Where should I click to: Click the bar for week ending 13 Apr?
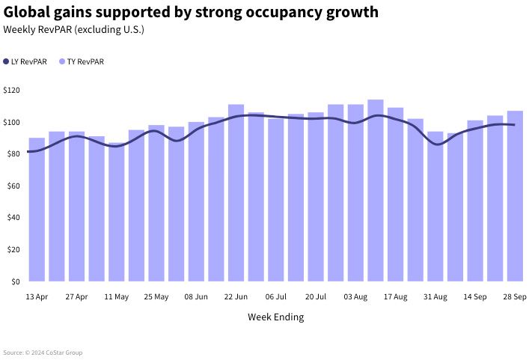[x=37, y=210]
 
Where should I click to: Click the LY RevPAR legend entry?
[x=25, y=62]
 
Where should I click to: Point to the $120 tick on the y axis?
[x=12, y=90]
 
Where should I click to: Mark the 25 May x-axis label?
[x=156, y=297]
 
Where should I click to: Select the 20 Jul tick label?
[x=316, y=297]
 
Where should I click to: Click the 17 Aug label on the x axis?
[x=395, y=297]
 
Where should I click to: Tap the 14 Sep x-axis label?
[x=475, y=297]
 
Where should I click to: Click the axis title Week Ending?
[x=275, y=317]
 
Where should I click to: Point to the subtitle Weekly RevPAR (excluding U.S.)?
[x=73, y=30]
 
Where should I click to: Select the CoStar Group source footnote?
[x=43, y=353]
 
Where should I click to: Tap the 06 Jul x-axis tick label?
[x=275, y=297]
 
